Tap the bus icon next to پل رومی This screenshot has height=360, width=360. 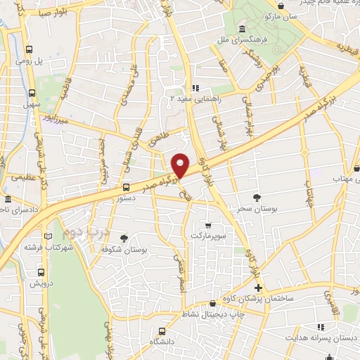pos(30,50)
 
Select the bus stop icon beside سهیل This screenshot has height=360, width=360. pos(32,92)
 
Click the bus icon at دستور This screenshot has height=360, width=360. pos(126,187)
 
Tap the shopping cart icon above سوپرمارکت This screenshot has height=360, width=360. pos(207,225)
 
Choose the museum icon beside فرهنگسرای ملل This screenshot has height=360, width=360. pos(242,29)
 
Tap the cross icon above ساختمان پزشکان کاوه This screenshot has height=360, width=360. pos(258,288)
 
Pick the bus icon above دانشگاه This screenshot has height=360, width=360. pos(162,330)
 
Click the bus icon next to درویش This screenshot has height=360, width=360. pos(41,271)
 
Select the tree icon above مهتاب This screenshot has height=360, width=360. pos(356,169)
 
